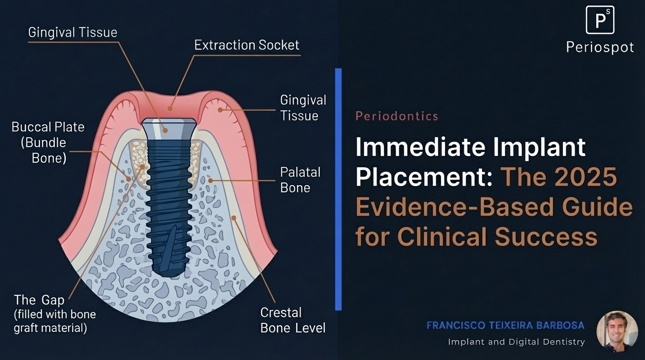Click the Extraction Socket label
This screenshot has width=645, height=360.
click(x=247, y=45)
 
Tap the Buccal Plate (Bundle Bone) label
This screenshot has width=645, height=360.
click(x=48, y=142)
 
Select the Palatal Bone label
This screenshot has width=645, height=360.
click(x=300, y=180)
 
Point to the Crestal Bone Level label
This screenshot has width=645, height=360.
click(x=292, y=320)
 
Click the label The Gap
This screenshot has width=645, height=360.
click(x=39, y=300)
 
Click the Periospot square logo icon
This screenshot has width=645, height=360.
click(x=600, y=20)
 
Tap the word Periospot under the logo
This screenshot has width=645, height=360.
click(x=600, y=47)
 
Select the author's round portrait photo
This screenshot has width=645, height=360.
click(x=617, y=331)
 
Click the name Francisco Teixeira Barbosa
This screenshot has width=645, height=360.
click(x=505, y=325)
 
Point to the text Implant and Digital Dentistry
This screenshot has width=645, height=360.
click(x=516, y=342)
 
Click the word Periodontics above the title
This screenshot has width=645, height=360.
click(x=397, y=116)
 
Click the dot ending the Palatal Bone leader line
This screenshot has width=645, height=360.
click(x=210, y=180)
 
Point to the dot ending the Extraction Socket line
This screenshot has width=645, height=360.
click(x=171, y=108)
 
